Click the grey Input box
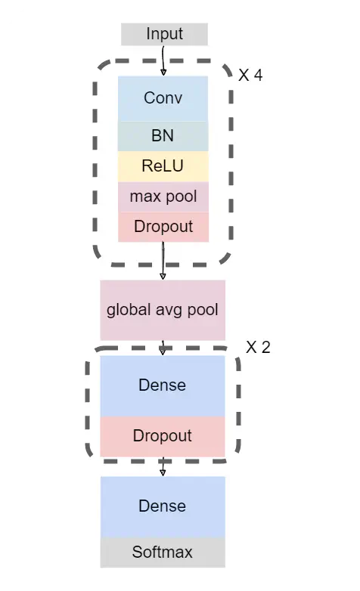click(164, 34)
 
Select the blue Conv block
click(163, 99)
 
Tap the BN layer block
click(163, 137)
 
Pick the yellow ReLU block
click(163, 166)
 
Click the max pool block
click(163, 197)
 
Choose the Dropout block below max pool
click(163, 227)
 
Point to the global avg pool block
click(163, 310)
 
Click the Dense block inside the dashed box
click(163, 386)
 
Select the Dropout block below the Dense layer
click(163, 437)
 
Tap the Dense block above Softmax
click(163, 507)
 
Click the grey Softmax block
click(163, 552)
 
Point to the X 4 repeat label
click(250, 76)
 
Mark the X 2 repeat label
click(258, 347)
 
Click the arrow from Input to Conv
click(163, 60)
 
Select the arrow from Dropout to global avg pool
click(163, 261)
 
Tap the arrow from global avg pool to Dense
click(163, 348)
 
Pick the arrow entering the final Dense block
click(163, 466)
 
